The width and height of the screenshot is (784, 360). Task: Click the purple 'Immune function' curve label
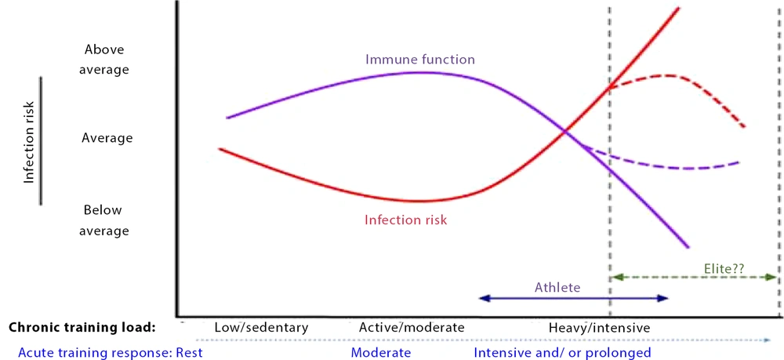click(420, 60)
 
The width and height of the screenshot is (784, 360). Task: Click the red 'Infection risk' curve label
click(405, 220)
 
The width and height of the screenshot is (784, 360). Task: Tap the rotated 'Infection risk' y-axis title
click(30, 143)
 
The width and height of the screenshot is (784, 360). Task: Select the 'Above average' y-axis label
click(104, 60)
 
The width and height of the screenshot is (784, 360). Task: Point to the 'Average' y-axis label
click(107, 137)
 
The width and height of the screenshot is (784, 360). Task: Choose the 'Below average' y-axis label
click(104, 220)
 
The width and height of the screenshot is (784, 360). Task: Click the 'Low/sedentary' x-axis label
click(261, 328)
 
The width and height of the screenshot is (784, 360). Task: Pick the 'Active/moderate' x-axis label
click(412, 328)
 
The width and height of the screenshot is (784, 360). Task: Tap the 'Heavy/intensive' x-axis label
click(600, 329)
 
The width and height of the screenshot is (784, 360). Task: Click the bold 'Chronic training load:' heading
click(82, 328)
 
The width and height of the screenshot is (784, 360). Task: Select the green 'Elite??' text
click(724, 269)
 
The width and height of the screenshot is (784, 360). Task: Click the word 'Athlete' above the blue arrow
click(557, 288)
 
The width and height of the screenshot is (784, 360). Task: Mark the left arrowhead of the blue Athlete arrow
click(482, 299)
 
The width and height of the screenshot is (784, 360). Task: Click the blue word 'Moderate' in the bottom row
click(381, 352)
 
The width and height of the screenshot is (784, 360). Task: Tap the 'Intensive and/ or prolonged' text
click(562, 352)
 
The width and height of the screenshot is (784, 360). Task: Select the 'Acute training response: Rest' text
click(111, 352)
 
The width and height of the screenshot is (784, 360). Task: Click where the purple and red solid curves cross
click(565, 132)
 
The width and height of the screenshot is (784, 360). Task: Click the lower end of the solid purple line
click(688, 247)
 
